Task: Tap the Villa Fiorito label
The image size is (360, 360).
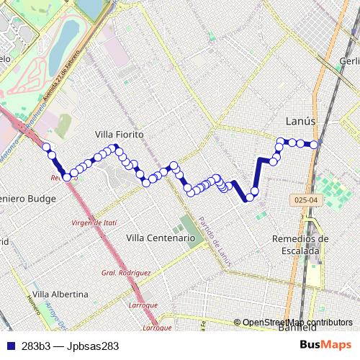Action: point(120,135)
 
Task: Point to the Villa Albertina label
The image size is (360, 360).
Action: point(60,294)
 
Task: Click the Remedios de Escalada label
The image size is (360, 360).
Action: point(301,245)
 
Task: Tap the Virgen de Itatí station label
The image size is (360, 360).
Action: point(94,223)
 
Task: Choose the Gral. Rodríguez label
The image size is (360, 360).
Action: point(126,273)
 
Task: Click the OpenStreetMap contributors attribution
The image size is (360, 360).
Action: point(297,323)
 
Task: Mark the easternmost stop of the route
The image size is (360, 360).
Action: point(314,145)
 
